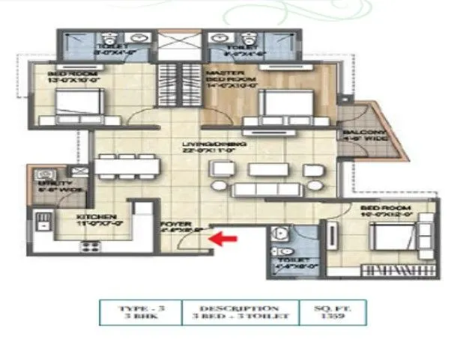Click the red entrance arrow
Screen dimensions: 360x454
point(223,239)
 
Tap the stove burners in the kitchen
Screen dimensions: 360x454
point(91,246)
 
